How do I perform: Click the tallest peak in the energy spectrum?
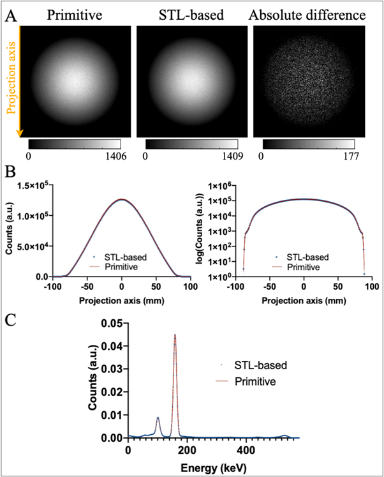click(175, 335)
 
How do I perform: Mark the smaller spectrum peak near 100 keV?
click(158, 418)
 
